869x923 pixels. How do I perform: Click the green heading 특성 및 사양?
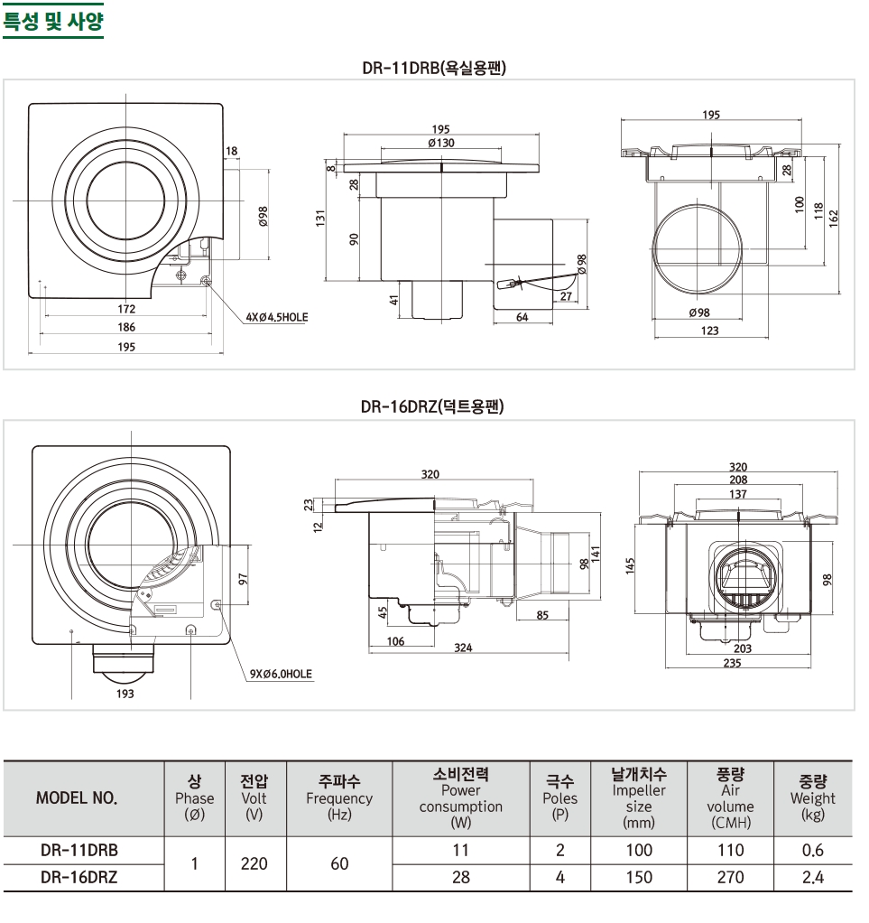coord(53,21)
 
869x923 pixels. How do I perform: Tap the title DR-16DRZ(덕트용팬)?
coord(432,406)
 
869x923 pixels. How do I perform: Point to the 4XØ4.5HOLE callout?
coord(277,318)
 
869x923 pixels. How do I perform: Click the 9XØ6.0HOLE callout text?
coord(282,674)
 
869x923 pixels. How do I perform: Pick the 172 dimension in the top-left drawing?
coord(126,309)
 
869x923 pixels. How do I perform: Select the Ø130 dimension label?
coord(440,143)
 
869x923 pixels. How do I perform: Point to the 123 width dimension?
coord(709,331)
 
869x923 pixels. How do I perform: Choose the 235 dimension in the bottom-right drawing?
coord(732,663)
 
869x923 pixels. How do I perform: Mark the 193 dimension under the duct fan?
coord(125,694)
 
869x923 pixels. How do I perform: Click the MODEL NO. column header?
coord(77,798)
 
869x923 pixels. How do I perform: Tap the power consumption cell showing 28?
coord(460,876)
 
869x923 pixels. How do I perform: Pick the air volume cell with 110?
coord(730,850)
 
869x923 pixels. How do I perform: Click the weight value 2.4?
coord(812,876)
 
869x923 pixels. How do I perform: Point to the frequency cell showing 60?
coord(338,863)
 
